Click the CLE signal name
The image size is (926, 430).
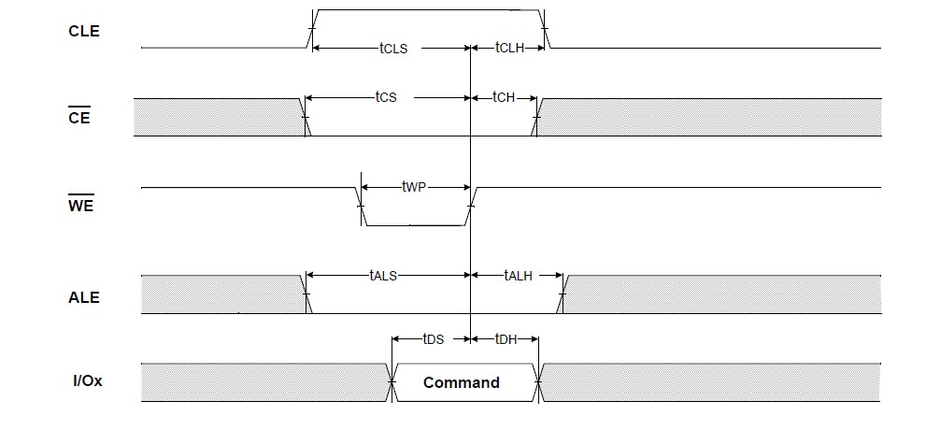[84, 31]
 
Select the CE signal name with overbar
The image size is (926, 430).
[79, 116]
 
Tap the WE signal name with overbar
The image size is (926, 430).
[81, 205]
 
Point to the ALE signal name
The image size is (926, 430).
[84, 297]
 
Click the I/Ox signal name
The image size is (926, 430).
[88, 381]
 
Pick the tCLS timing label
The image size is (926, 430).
[393, 49]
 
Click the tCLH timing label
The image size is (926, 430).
[509, 48]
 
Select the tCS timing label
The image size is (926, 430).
[386, 97]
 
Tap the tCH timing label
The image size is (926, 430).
[504, 97]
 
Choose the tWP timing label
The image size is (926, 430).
[413, 187]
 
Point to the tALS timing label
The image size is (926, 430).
[383, 275]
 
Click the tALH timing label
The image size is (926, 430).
[518, 275]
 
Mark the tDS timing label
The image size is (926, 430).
[433, 339]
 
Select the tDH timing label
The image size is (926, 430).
[506, 339]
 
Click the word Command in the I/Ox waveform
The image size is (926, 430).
[462, 382]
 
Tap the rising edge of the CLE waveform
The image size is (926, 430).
[312, 28]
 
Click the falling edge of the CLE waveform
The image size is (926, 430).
[545, 28]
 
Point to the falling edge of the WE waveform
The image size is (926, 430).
[361, 207]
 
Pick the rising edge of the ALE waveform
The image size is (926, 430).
[562, 294]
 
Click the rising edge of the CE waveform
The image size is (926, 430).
[535, 118]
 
